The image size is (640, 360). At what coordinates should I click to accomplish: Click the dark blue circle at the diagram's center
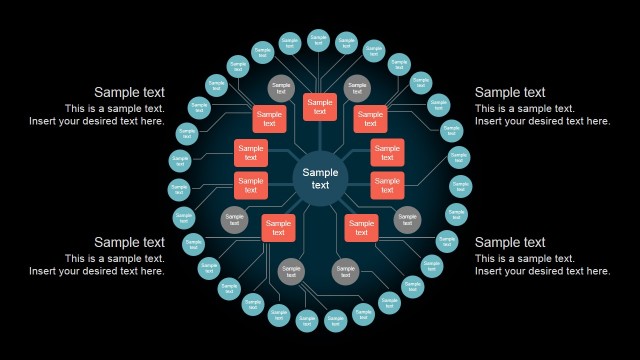coord(320,179)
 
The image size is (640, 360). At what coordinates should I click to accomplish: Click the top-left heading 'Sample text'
coord(129,92)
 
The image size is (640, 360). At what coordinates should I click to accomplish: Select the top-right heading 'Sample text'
coord(510,92)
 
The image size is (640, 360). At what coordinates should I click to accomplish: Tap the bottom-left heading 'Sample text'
coord(129,242)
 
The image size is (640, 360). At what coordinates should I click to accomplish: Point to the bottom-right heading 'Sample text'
coord(510,242)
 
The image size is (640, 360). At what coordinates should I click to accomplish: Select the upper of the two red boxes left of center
coord(251,152)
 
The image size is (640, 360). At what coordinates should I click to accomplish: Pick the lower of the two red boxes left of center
coord(251,185)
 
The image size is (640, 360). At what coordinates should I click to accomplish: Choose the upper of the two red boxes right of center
coord(387,152)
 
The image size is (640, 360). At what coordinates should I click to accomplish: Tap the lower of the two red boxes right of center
coord(387,185)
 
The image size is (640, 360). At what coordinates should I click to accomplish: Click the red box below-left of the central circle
coord(278,228)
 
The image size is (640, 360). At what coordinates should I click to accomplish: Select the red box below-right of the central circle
coord(361,228)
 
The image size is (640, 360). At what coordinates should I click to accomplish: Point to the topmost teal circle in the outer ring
coord(319,40)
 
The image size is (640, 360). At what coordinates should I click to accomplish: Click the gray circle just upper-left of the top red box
coord(282,88)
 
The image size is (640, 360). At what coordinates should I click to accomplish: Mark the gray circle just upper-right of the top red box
coord(357,88)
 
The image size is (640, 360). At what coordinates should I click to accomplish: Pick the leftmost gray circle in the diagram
coord(234,219)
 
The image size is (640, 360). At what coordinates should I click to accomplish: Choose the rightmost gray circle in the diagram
coord(406,219)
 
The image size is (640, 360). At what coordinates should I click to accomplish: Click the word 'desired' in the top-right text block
coord(548,121)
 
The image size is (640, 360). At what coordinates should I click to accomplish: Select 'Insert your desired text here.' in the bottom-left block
coord(97,271)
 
